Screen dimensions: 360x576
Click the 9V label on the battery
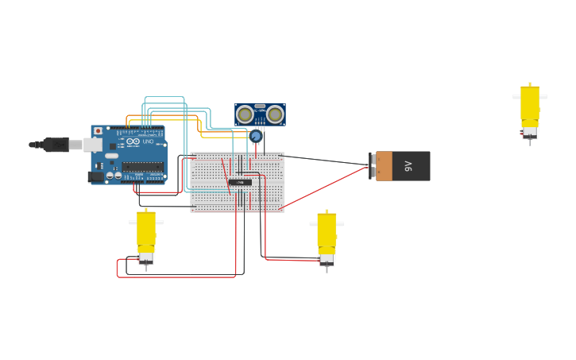408,166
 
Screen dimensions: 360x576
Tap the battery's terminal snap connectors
373,166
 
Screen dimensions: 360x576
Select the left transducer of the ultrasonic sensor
245,114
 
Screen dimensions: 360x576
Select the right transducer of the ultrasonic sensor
275,114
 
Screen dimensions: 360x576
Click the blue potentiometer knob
256,136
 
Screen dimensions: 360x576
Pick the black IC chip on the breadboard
240,182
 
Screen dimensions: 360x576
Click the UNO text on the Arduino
148,141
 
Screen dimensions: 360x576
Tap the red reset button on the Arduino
98,131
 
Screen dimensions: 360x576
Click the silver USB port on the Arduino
93,145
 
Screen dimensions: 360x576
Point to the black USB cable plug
56,145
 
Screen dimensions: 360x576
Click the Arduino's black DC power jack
95,176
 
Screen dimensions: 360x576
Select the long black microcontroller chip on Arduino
142,167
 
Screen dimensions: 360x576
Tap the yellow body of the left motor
146,229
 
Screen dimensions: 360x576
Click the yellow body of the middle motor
327,230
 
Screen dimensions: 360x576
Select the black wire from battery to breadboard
326,160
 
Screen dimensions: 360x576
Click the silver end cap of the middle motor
327,259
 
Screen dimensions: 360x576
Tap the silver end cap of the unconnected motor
530,132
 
